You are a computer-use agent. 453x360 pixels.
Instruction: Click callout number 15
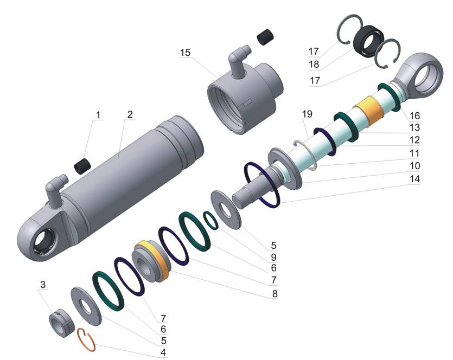(185, 53)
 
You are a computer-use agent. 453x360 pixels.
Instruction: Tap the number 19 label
(308, 114)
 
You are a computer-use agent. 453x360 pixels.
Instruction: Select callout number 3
(43, 284)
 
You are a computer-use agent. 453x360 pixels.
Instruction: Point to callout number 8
(275, 294)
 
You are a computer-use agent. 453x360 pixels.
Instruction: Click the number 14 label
(414, 179)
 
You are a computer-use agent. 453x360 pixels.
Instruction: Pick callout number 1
(98, 115)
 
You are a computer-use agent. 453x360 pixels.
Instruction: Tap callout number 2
(130, 114)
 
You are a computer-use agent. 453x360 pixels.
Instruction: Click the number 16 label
(414, 116)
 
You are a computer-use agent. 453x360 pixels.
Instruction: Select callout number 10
(414, 166)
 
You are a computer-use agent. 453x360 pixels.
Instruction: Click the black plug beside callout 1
(82, 166)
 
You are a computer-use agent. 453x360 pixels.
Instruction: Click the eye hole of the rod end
(426, 76)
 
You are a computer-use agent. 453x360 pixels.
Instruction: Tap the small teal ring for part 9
(211, 220)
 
